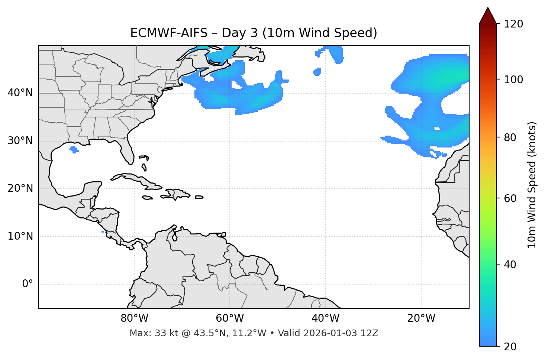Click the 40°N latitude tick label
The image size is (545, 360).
(x=20, y=93)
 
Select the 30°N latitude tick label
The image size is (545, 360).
(x=20, y=141)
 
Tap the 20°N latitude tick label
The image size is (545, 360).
(x=20, y=188)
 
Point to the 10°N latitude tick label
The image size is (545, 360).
(x=20, y=236)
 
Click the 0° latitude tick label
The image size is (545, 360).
(x=28, y=284)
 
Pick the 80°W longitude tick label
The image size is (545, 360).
(x=134, y=318)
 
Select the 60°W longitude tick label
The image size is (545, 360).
(x=230, y=318)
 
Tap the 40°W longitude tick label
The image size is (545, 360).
(x=325, y=318)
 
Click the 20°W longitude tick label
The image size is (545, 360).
(x=421, y=318)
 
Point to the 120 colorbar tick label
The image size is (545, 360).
(x=513, y=24)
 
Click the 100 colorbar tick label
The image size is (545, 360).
(x=513, y=80)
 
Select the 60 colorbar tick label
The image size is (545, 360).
(x=510, y=198)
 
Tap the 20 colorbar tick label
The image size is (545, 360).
(x=510, y=347)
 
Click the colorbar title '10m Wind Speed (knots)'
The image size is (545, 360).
(x=532, y=185)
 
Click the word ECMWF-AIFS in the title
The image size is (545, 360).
(x=168, y=33)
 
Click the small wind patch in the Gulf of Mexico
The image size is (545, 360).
(x=74, y=150)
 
